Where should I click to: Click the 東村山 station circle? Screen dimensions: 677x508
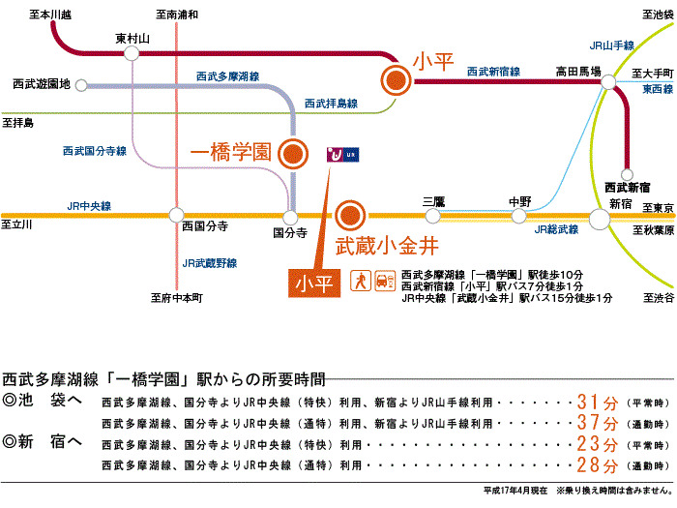click(x=132, y=53)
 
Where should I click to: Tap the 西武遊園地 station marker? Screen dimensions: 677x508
click(x=81, y=85)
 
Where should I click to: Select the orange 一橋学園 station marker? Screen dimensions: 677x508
click(x=293, y=154)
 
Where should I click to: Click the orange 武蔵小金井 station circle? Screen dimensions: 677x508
click(x=350, y=216)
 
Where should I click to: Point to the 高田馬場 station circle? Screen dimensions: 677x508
click(x=608, y=81)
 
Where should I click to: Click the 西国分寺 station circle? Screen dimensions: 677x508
click(x=176, y=215)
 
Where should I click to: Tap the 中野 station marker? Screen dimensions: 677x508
click(x=518, y=216)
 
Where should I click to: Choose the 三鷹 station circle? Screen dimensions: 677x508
click(x=432, y=216)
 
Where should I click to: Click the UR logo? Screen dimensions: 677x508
click(x=342, y=154)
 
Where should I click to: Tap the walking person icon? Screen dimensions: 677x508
click(x=361, y=281)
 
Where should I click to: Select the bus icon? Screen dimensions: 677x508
click(x=385, y=281)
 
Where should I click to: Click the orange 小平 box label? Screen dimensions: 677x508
click(x=314, y=284)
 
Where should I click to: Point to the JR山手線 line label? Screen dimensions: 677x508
click(x=612, y=45)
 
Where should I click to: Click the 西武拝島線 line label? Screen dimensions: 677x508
click(x=331, y=104)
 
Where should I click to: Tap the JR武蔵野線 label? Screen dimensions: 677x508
click(x=210, y=263)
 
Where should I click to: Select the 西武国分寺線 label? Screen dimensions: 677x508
click(x=95, y=151)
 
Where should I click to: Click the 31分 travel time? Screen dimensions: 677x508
click(x=598, y=403)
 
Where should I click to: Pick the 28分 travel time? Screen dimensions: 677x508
click(x=598, y=464)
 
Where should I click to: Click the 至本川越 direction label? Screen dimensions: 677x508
click(x=50, y=15)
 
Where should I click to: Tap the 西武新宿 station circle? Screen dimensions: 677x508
click(x=627, y=174)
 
